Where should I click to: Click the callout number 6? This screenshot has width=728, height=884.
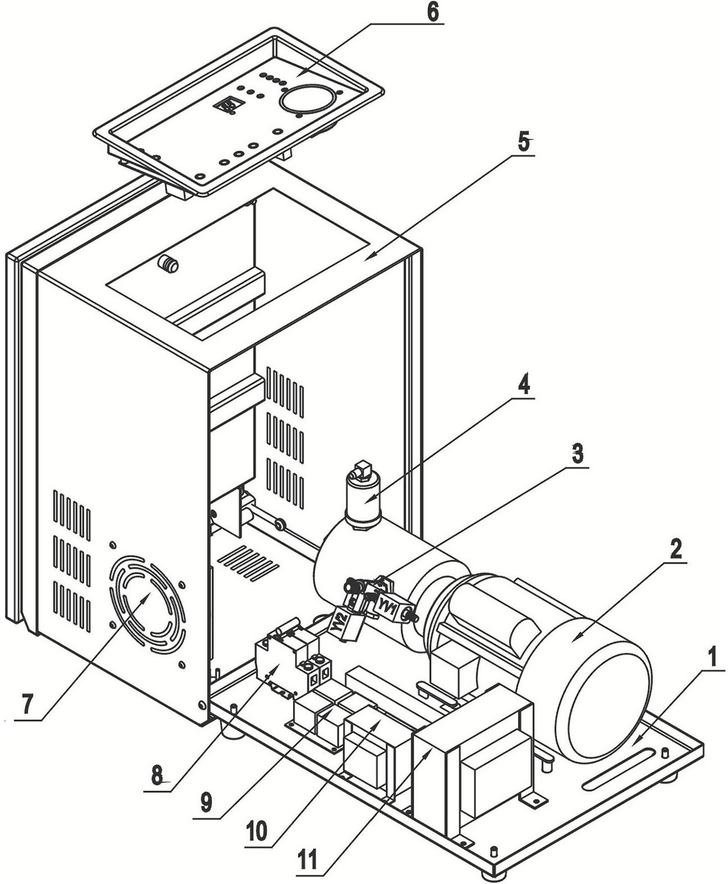432,12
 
